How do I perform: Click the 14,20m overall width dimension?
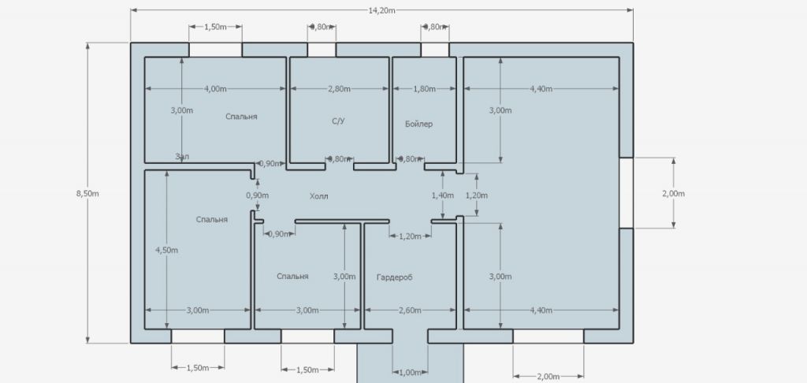pos(381,9)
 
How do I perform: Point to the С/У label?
pos(337,123)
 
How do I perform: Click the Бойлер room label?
pos(418,125)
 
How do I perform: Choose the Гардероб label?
pos(395,277)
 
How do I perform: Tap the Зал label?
pos(182,157)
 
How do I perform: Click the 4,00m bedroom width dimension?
pos(214,89)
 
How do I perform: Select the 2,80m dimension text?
pos(338,89)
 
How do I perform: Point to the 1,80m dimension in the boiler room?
pos(424,89)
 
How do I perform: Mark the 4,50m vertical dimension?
pos(166,250)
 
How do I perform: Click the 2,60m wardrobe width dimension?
pos(409,310)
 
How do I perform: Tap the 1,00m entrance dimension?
pos(410,372)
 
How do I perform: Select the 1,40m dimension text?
pos(443,195)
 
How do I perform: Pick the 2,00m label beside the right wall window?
pos(674,194)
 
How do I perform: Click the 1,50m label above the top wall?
pos(215,28)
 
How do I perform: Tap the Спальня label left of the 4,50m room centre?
pos(212,220)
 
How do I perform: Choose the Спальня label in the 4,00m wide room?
pos(241,117)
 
